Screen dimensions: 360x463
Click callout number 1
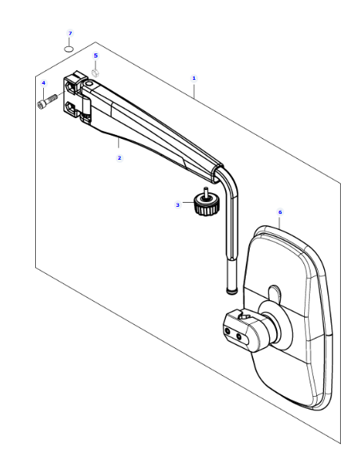click(x=194, y=78)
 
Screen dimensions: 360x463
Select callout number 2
click(x=119, y=158)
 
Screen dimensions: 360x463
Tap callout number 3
click(x=177, y=204)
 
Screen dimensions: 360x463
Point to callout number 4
click(x=44, y=83)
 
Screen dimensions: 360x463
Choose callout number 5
click(x=96, y=56)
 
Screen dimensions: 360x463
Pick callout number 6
click(x=280, y=212)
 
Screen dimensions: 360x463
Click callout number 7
click(x=70, y=34)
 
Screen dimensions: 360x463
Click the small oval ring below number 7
click(x=69, y=49)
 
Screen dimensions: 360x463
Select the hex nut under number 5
click(x=95, y=73)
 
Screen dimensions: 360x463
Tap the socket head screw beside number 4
click(x=47, y=101)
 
